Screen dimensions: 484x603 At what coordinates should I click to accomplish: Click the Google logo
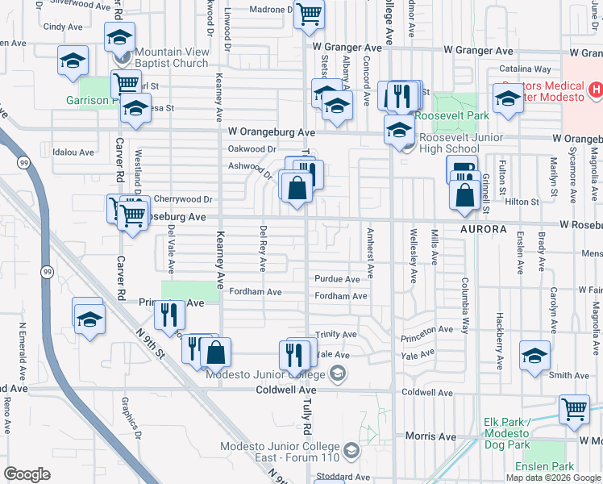pyautogui.click(x=27, y=474)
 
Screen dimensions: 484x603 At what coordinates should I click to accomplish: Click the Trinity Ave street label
pyautogui.click(x=336, y=334)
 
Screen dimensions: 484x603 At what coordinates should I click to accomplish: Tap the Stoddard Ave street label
pyautogui.click(x=343, y=477)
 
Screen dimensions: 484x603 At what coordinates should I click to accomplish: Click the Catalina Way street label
pyautogui.click(x=525, y=69)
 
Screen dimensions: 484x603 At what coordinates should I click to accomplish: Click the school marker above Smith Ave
pyautogui.click(x=534, y=355)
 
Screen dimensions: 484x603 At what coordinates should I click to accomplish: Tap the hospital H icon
pyautogui.click(x=596, y=89)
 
